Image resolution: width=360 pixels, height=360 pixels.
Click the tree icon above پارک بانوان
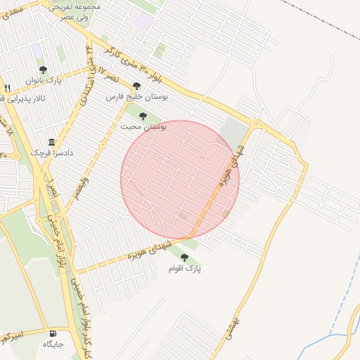(43, 70)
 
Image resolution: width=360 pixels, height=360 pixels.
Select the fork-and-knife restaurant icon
(6, 88)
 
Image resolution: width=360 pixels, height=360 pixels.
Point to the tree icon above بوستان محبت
(143, 116)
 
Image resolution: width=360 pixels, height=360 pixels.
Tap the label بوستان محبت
(143, 127)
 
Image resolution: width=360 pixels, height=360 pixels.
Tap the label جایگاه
(53, 345)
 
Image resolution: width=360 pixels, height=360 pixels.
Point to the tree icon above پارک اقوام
(184, 257)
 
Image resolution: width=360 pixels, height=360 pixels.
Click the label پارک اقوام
(184, 269)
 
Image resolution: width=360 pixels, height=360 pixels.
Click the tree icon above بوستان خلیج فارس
(136, 86)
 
